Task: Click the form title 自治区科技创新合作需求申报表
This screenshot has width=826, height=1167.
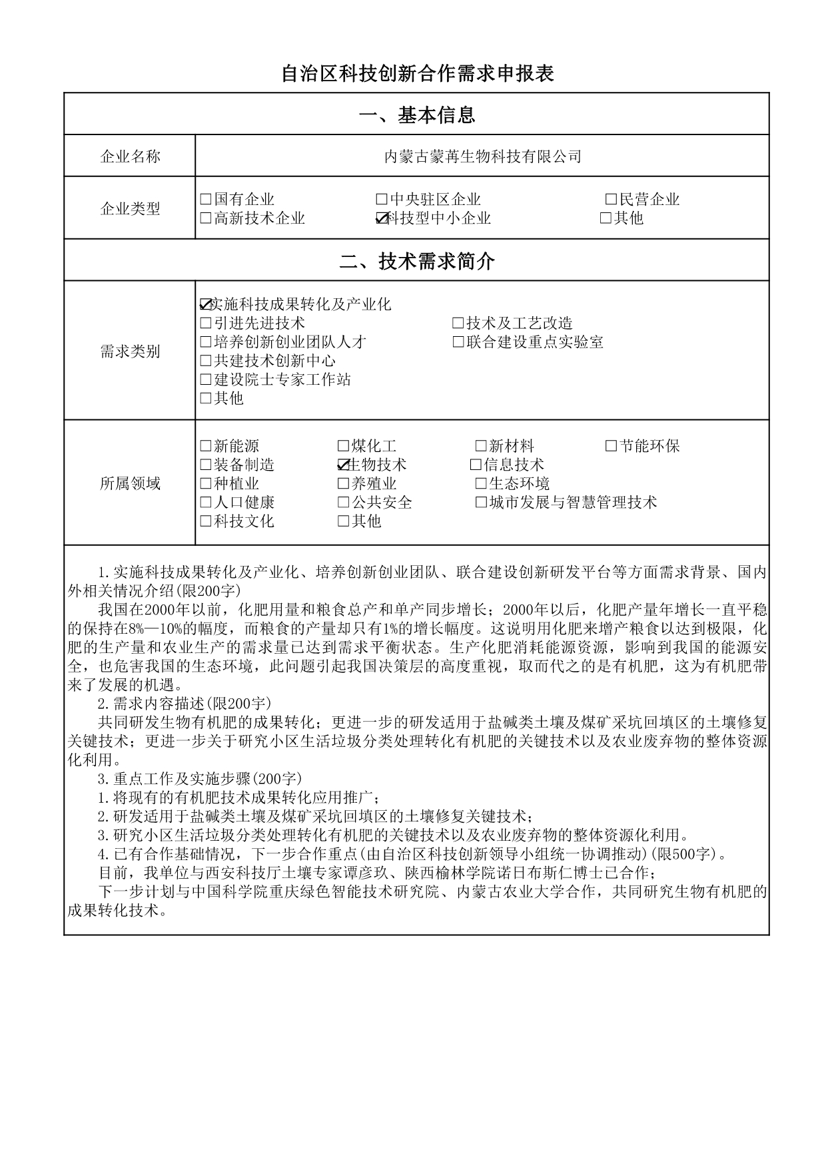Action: [x=417, y=73]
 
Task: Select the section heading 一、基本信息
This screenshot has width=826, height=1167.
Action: [x=416, y=115]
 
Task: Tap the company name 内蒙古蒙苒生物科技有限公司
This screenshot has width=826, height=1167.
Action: [x=483, y=156]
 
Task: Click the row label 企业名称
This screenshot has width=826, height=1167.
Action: [x=130, y=156]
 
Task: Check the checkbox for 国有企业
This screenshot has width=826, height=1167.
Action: [x=206, y=199]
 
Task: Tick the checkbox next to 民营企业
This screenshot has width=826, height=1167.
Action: [x=611, y=199]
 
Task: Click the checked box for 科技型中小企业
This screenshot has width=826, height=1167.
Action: [x=382, y=218]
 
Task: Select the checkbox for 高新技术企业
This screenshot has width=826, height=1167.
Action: [x=206, y=218]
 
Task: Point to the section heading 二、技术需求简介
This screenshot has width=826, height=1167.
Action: [x=416, y=261]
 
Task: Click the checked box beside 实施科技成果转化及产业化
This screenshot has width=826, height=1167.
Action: [x=206, y=305]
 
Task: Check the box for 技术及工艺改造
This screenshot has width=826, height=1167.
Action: [x=458, y=324]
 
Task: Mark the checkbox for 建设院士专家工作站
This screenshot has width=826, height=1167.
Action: [x=206, y=380]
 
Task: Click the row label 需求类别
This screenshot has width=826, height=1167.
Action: [x=130, y=351]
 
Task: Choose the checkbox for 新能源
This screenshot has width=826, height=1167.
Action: [x=206, y=446]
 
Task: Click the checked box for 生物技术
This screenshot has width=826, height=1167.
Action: [x=344, y=465]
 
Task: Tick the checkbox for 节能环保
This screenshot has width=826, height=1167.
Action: [x=611, y=446]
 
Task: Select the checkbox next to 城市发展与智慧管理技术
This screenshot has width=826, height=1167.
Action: [x=481, y=503]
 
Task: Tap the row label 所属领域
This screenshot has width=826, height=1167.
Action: [x=130, y=483]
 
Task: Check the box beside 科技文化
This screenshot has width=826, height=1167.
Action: [x=206, y=521]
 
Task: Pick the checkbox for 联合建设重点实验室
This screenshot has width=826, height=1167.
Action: [x=458, y=342]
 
